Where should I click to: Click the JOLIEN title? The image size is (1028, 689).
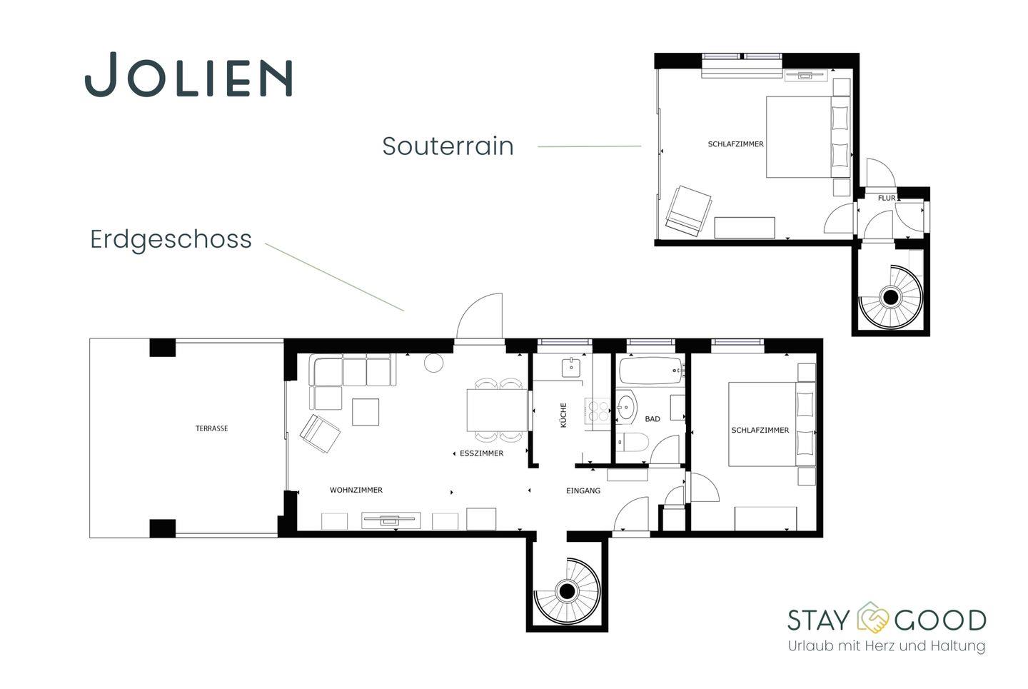coord(188,74)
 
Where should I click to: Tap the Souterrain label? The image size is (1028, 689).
coord(448,146)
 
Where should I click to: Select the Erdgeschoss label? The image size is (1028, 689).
coord(171,240)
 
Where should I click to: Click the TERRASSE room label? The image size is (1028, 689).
coord(211,428)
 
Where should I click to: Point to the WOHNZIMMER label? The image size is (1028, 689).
coord(356,490)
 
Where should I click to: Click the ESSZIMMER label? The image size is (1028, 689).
coord(481,453)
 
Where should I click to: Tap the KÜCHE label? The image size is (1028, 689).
coord(563,415)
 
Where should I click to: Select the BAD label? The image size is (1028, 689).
coord(652,418)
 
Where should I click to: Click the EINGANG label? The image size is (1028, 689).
coord(583,491)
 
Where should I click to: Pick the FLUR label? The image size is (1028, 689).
coord(887,198)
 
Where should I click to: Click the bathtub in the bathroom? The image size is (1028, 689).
coord(651,370)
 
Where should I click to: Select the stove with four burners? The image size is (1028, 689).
coord(598,411)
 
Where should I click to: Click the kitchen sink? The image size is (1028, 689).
coord(571,368)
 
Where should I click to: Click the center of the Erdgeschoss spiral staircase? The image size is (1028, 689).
coord(568,590)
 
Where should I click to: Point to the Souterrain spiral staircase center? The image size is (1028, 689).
coord(891,297)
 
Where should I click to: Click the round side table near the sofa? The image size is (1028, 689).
coord(434,363)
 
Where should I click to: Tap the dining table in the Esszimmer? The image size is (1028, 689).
coord(497,410)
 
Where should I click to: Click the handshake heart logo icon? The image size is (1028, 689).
coord(872,618)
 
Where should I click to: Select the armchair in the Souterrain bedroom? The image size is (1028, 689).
coord(689,211)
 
